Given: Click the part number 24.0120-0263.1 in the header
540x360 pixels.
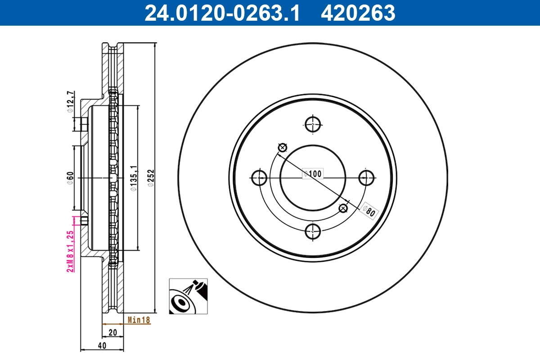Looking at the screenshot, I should tap(221, 13).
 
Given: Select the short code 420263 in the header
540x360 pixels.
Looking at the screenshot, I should tap(358, 13).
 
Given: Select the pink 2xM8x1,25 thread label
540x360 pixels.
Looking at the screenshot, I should tap(70, 251).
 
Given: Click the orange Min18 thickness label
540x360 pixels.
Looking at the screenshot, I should tap(139, 320).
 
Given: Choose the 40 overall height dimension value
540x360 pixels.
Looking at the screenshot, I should tap(102, 346).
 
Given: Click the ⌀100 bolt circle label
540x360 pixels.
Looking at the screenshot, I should tap(313, 173).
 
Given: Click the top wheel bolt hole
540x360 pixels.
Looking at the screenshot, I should tap(313, 124).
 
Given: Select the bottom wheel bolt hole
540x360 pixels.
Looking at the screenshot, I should tap(313, 231).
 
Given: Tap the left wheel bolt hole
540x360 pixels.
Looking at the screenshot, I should tap(259, 178).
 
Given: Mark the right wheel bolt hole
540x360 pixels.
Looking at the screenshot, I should tap(367, 178).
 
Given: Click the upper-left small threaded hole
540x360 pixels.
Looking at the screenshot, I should tap(283, 147).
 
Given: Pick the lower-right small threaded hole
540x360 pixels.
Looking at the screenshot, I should tap(343, 208).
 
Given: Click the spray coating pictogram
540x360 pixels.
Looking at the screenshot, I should tap(189, 296).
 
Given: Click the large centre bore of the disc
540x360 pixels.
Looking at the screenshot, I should tap(313, 189).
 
